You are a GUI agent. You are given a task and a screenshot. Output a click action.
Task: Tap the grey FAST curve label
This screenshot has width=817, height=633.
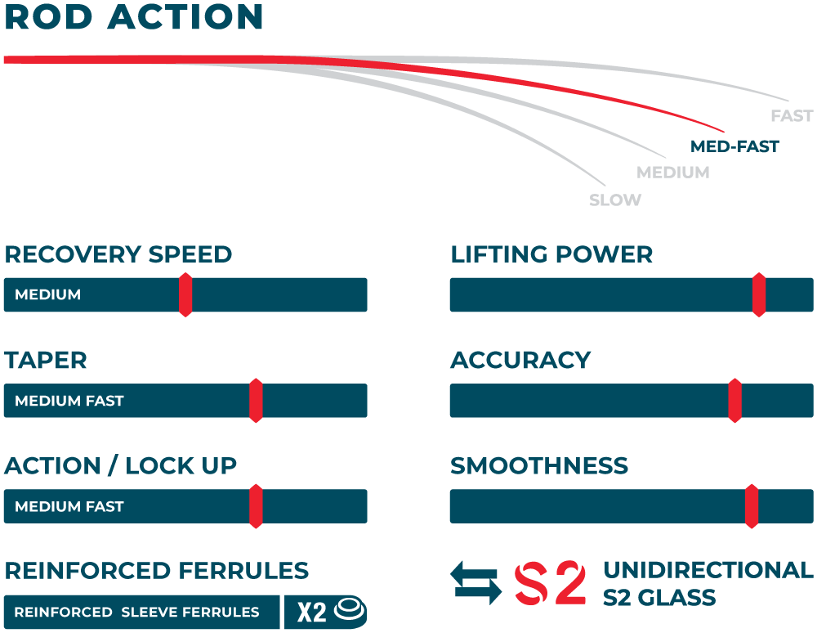click(792, 116)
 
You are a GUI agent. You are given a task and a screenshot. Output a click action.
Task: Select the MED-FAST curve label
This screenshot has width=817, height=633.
click(734, 147)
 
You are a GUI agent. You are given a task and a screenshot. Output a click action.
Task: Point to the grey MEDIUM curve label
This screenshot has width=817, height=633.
click(672, 173)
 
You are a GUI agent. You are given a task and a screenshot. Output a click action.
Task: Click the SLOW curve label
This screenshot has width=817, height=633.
click(615, 200)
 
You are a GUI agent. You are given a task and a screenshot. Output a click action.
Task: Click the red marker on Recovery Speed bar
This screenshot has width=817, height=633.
click(185, 294)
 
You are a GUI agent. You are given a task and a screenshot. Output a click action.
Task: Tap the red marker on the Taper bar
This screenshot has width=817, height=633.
click(256, 401)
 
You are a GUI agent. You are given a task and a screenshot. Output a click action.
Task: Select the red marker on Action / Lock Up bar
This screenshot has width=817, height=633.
click(256, 506)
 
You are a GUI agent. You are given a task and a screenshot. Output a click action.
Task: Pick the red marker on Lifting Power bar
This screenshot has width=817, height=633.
click(759, 294)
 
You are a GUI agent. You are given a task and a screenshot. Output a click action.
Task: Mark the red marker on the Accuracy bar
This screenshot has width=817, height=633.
click(734, 401)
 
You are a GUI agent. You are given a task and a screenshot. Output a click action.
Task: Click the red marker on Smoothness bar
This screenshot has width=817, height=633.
click(752, 506)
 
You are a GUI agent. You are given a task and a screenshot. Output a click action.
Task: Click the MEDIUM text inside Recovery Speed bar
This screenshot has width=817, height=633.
click(48, 294)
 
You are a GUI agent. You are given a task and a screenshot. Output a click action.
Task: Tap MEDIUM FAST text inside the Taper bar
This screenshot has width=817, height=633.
click(69, 401)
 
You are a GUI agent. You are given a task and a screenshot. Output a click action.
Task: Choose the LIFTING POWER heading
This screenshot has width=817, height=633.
click(551, 254)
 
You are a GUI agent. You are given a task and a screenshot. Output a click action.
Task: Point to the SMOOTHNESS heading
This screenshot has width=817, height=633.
click(539, 466)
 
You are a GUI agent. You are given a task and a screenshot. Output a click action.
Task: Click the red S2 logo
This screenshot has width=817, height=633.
click(550, 583)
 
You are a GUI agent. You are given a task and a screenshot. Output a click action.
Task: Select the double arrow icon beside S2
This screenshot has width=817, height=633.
click(477, 583)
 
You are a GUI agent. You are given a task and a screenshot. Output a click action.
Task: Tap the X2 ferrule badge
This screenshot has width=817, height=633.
click(325, 612)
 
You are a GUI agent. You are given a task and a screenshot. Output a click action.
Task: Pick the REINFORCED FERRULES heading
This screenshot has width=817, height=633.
click(157, 571)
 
